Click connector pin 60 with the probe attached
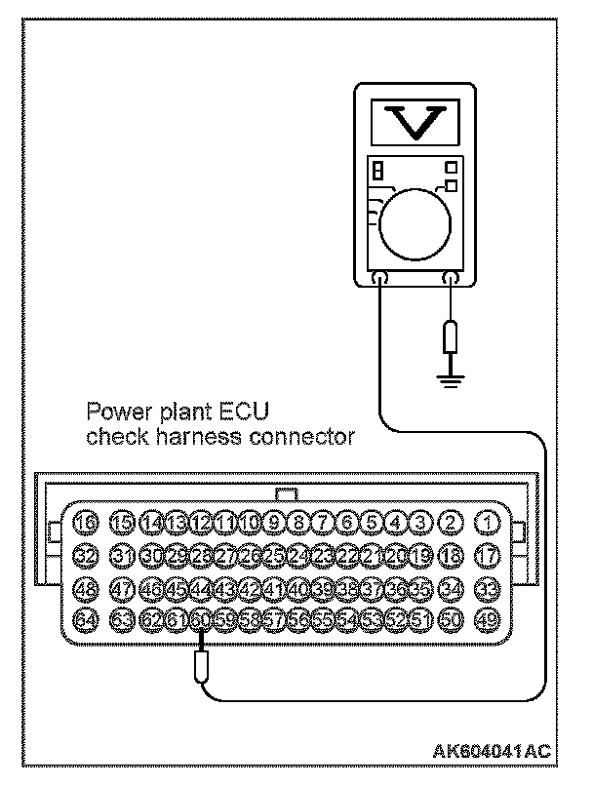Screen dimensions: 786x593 coord(201,618)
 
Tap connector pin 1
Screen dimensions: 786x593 coord(487,522)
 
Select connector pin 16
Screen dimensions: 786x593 coord(87,522)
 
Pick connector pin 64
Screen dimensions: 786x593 coord(87,618)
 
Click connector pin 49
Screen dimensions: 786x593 coord(487,618)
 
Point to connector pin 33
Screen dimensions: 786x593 coord(487,588)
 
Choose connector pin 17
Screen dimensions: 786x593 coord(487,554)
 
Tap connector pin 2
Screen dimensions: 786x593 coord(450,522)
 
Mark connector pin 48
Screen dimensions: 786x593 coord(87,588)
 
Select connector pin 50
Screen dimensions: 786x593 coord(450,618)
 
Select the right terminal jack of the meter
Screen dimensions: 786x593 coord(450,280)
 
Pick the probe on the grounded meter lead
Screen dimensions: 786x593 coord(450,337)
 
